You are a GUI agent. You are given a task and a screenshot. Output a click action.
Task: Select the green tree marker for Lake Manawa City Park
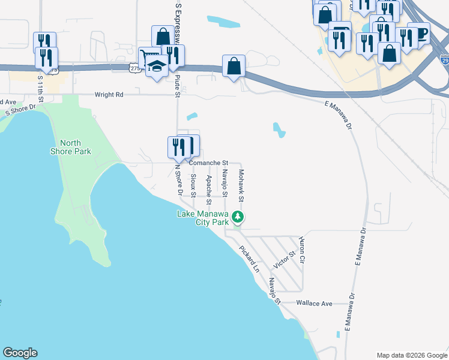pos(238,216)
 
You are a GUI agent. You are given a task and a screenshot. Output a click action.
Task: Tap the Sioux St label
pos(193,185)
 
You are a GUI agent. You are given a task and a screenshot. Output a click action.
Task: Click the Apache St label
pos(208,185)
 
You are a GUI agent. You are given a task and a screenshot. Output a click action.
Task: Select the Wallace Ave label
pos(314,304)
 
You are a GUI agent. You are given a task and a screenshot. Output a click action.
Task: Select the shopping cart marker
pos(147,56)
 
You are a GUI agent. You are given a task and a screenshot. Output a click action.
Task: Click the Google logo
pos(20,353)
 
